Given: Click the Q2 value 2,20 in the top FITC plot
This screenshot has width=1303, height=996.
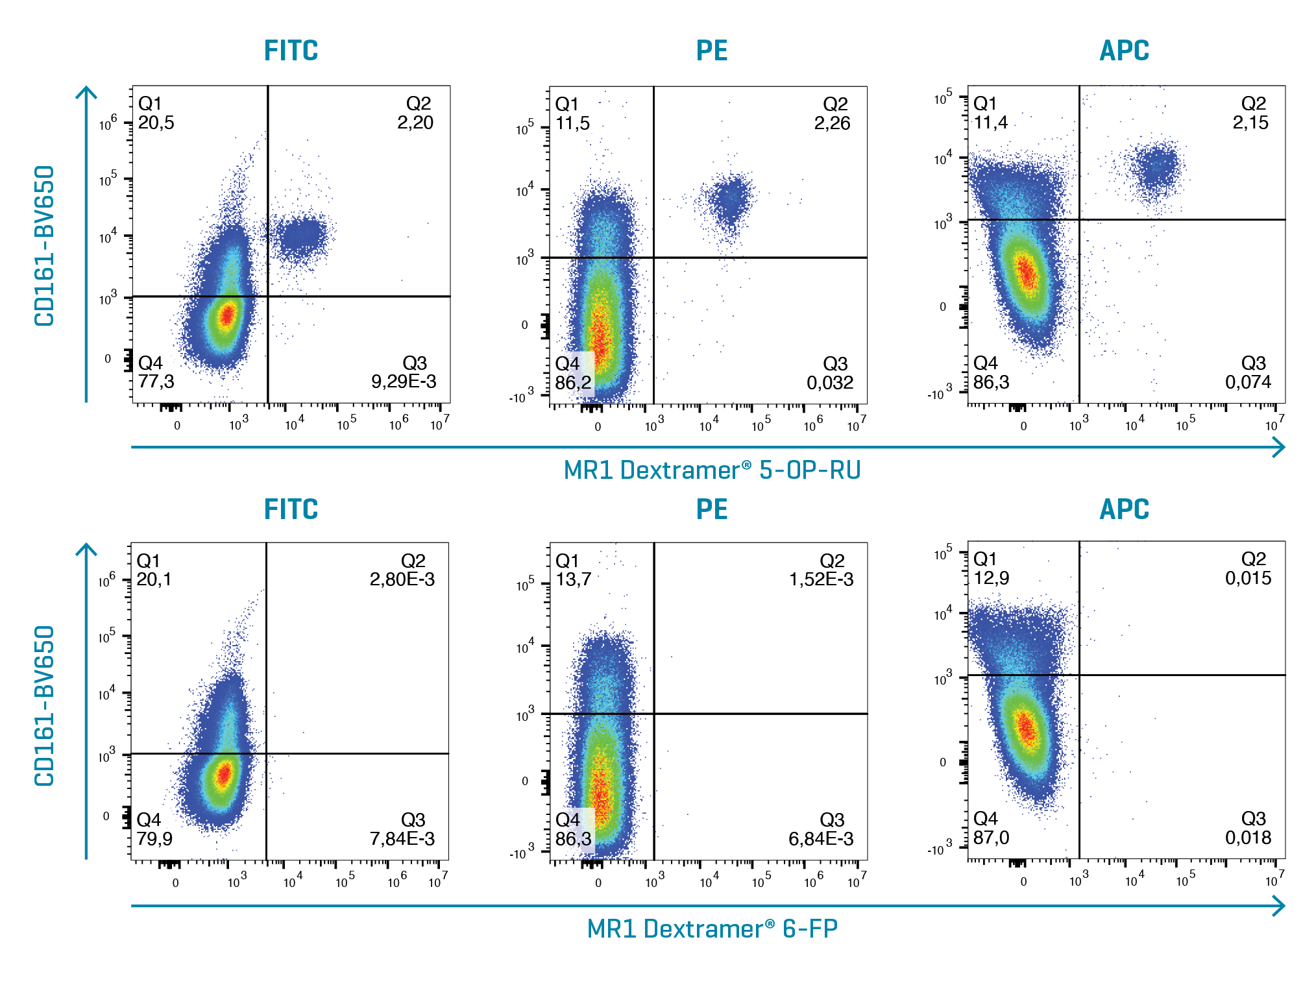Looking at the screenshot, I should click(415, 123).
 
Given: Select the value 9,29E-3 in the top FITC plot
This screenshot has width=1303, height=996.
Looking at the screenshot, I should click(404, 382).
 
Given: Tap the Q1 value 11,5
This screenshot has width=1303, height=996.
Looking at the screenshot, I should click(572, 123).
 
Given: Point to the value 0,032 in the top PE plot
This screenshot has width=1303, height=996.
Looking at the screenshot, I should click(830, 383).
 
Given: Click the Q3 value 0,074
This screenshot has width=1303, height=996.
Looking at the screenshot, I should click(1248, 382).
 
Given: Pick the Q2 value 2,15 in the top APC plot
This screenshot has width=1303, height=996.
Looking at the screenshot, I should click(1250, 123).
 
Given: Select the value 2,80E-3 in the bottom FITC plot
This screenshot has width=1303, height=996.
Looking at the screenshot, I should click(402, 579).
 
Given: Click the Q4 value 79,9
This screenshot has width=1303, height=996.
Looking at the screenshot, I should click(154, 839).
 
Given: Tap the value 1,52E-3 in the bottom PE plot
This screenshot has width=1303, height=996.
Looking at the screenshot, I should click(821, 579).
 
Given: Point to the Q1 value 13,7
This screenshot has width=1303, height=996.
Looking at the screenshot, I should click(573, 579).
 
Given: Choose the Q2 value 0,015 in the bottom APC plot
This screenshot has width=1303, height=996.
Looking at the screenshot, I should click(1248, 578).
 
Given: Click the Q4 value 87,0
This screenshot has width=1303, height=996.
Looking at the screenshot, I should click(991, 838).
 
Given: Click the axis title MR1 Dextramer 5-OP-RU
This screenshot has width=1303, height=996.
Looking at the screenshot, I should click(712, 470).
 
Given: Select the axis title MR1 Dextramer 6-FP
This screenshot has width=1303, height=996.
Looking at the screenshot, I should click(712, 929).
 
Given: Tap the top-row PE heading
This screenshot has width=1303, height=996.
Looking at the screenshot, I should click(712, 51).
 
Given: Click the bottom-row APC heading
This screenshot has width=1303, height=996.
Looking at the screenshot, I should click(1124, 509).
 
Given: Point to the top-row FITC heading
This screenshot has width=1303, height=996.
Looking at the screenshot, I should click(291, 51).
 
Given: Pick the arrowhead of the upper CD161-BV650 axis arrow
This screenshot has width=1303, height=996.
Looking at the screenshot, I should click(86, 91).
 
